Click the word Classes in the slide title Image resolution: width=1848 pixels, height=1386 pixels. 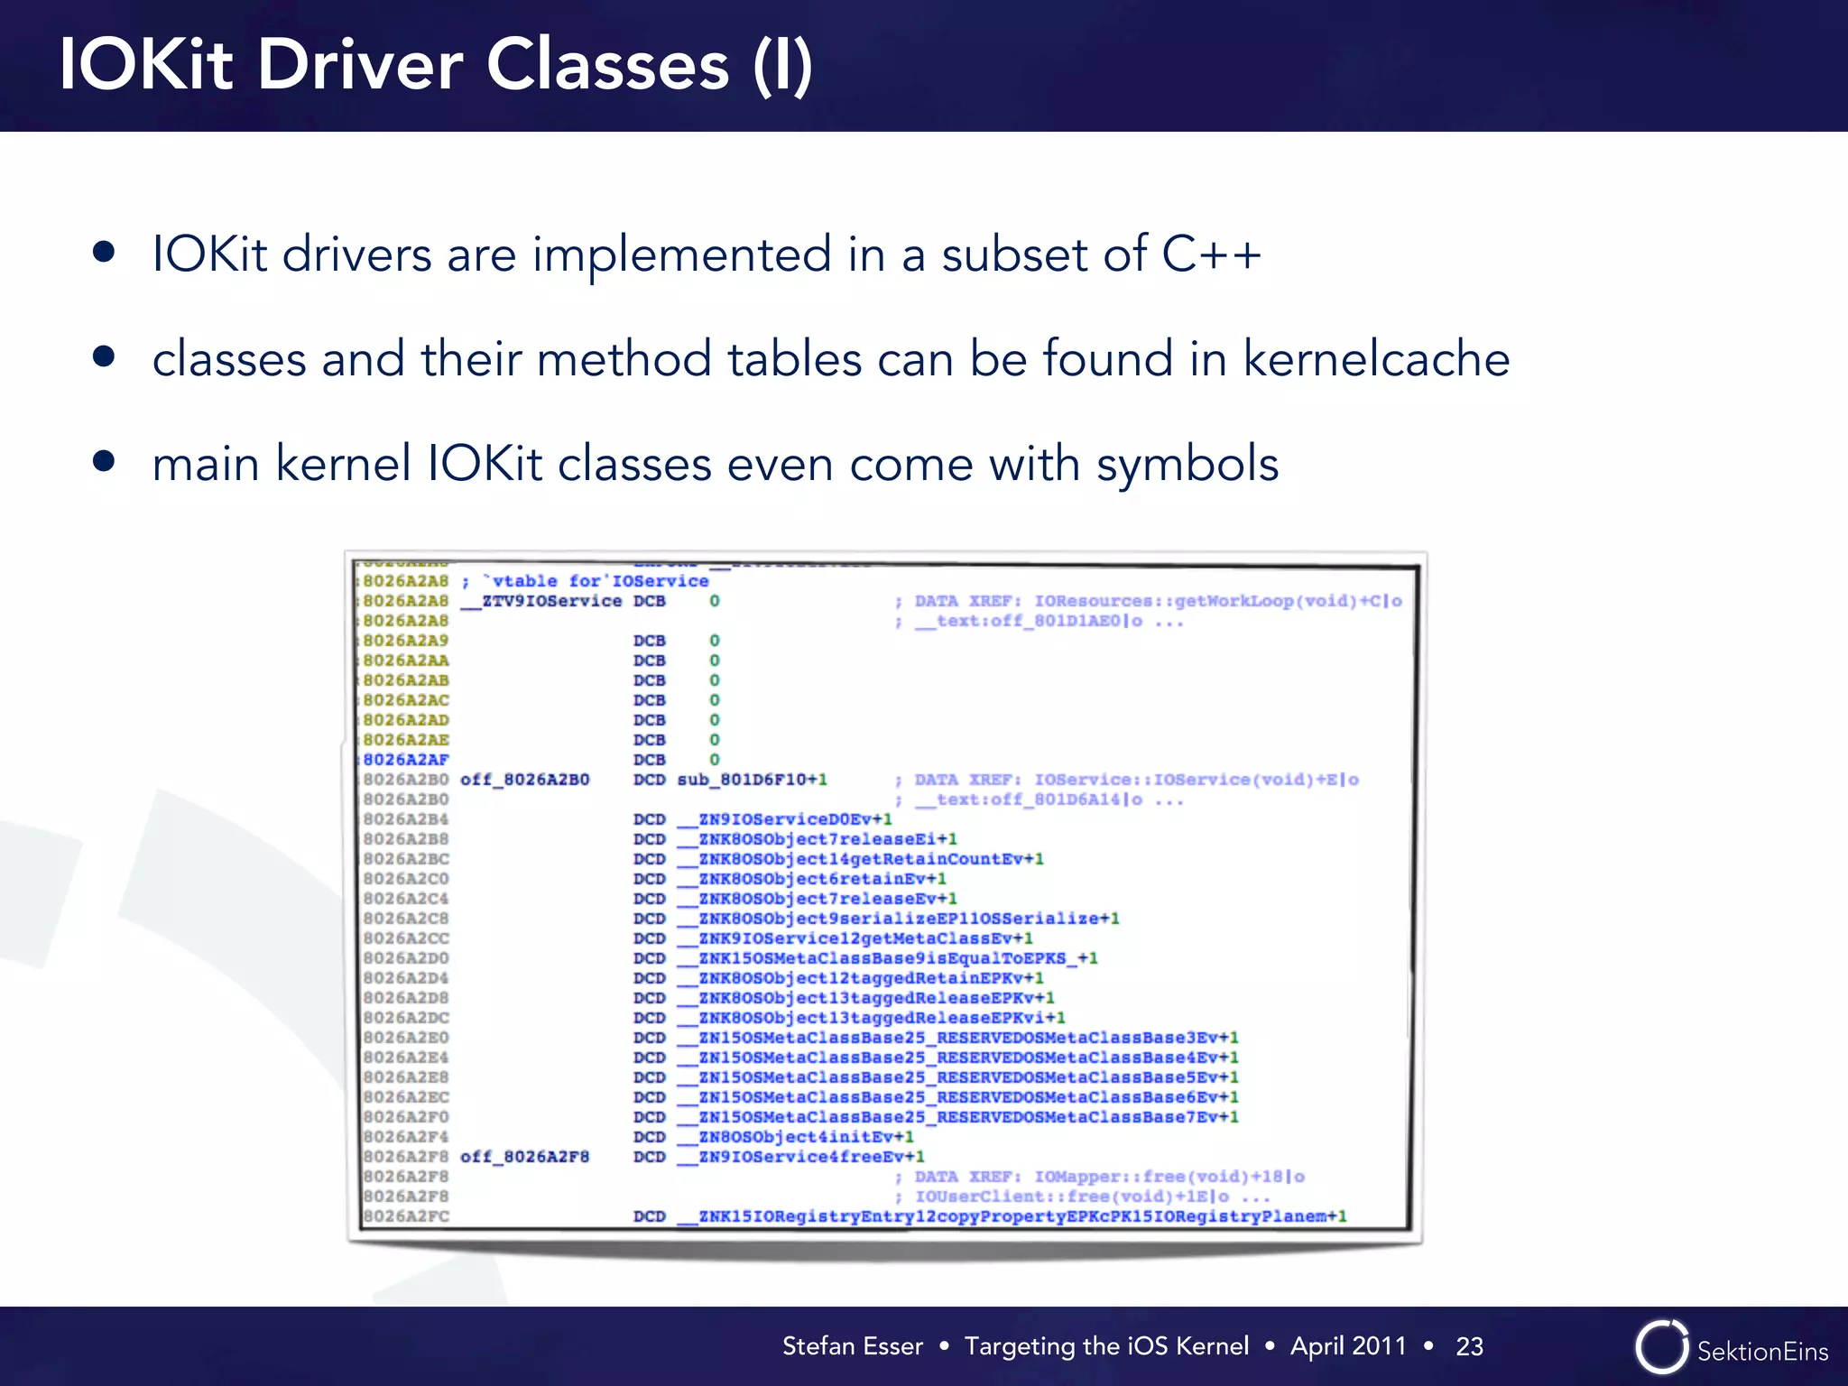(607, 65)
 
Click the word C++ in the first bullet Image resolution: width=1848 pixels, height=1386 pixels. (1211, 254)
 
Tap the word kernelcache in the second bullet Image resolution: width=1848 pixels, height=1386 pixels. (1376, 359)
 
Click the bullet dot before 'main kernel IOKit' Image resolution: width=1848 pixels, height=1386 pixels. (104, 462)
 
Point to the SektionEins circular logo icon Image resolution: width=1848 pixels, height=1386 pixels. (1660, 1347)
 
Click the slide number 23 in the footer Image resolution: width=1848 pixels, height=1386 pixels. (1469, 1346)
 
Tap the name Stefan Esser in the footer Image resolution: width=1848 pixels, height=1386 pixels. (852, 1346)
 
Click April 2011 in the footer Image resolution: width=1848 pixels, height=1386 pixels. (1348, 1346)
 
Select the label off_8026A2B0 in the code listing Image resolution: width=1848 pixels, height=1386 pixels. (524, 780)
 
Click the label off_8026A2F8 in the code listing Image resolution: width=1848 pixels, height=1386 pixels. (524, 1157)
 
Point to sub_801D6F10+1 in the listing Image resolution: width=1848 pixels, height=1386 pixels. (752, 780)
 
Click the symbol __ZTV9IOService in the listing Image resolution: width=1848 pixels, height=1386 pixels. (541, 601)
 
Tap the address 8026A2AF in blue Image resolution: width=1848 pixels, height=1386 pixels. (405, 760)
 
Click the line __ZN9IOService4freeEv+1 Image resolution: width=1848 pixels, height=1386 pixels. (801, 1157)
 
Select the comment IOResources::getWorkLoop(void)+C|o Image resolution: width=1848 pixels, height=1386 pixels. (1217, 601)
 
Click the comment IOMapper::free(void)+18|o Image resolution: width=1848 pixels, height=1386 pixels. (1169, 1177)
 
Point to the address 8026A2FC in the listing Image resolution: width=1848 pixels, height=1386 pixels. (405, 1216)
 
